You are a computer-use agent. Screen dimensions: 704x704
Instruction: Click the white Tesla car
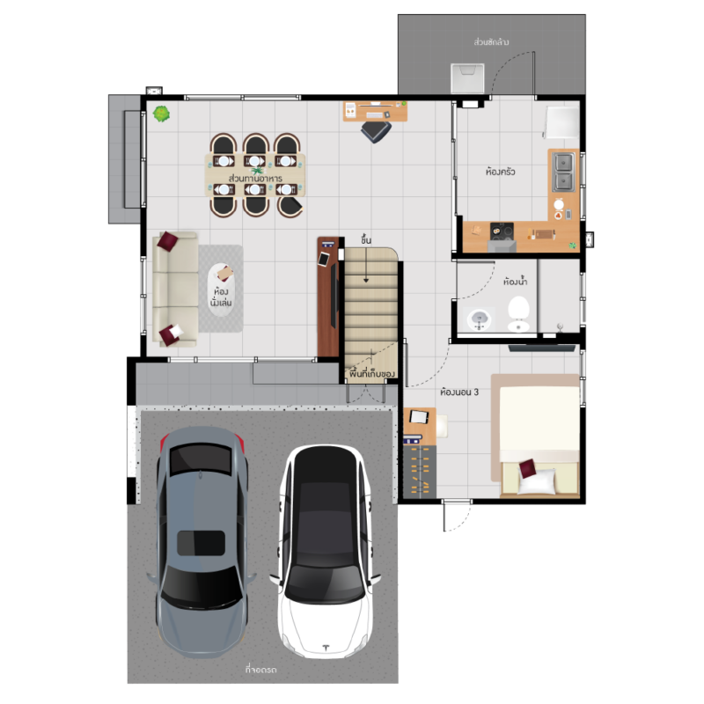pos(326,552)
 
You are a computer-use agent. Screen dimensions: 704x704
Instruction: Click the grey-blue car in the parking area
pos(202,542)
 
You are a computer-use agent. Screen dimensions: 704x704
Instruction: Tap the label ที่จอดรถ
pos(260,670)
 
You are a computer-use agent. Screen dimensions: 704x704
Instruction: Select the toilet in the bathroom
pos(518,314)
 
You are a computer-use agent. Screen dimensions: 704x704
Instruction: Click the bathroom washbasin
pos(480,319)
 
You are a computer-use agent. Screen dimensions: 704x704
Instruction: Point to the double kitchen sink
pos(563,172)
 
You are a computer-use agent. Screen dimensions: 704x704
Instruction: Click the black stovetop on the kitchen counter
pos(502,231)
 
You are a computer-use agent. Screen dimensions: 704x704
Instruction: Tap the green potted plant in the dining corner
pos(161,114)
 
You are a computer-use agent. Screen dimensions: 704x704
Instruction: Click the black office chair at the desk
pos(376,131)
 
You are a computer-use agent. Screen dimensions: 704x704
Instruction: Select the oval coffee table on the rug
pos(221,290)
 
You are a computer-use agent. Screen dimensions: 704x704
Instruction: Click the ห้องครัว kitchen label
pos(500,172)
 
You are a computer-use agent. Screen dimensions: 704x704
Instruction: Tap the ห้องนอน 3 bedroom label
pos(459,392)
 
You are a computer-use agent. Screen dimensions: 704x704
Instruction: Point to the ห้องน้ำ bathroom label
pos(515,282)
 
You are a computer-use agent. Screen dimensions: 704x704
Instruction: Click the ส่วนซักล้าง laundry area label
pos(491,42)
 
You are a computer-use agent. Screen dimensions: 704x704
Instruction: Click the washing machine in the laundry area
pos(467,78)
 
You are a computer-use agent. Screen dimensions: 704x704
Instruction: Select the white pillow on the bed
pos(538,481)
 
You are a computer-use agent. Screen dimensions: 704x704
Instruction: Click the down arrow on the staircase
pos(366,265)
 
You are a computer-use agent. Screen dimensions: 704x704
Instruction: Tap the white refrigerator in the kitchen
pos(561,122)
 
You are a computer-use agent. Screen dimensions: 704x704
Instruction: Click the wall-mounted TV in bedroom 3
pos(542,348)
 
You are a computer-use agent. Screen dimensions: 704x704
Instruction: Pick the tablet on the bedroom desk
pos(419,416)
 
